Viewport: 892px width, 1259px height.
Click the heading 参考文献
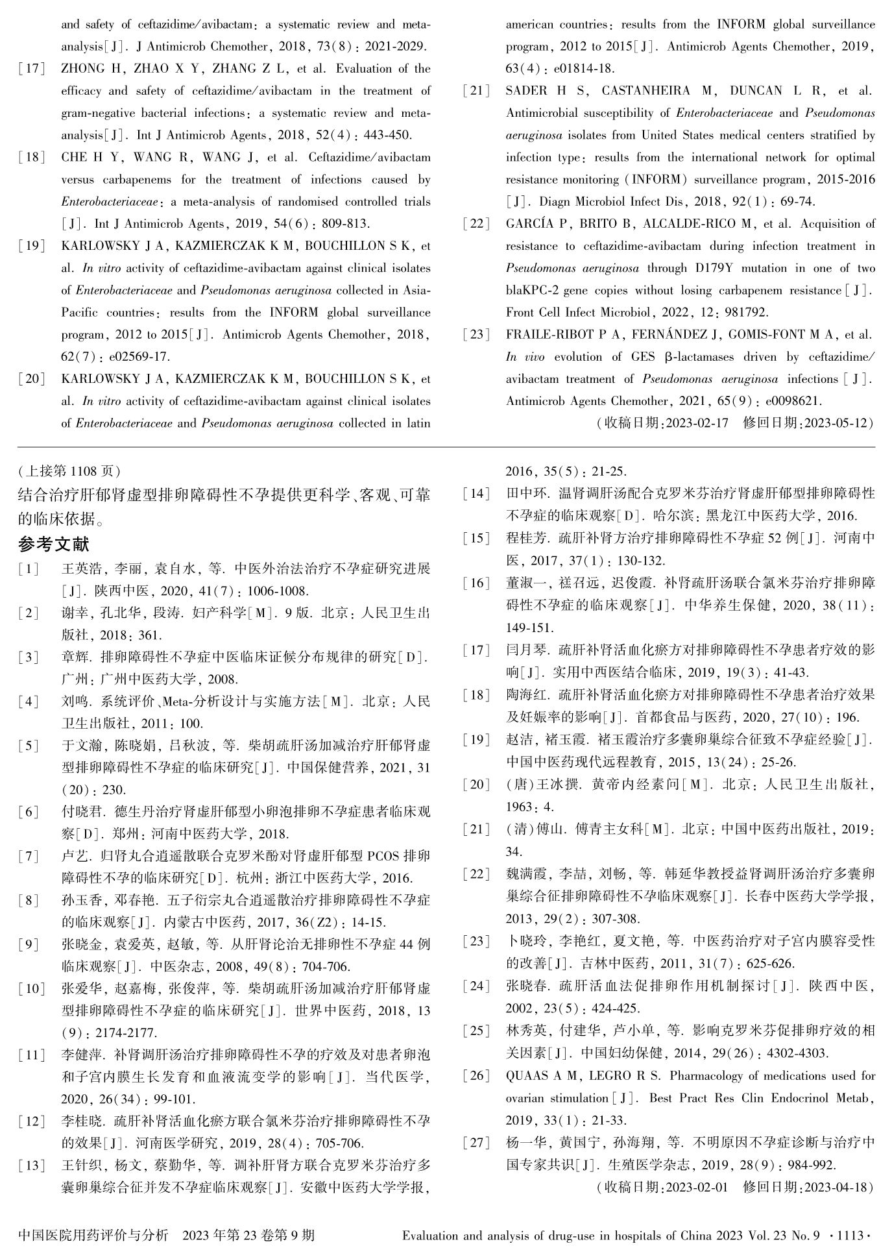pos(54,544)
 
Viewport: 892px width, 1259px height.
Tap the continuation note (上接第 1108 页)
pos(69,471)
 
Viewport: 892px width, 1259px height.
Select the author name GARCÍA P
pos(534,224)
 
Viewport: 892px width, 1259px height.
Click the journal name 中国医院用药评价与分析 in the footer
pos(93,1235)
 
